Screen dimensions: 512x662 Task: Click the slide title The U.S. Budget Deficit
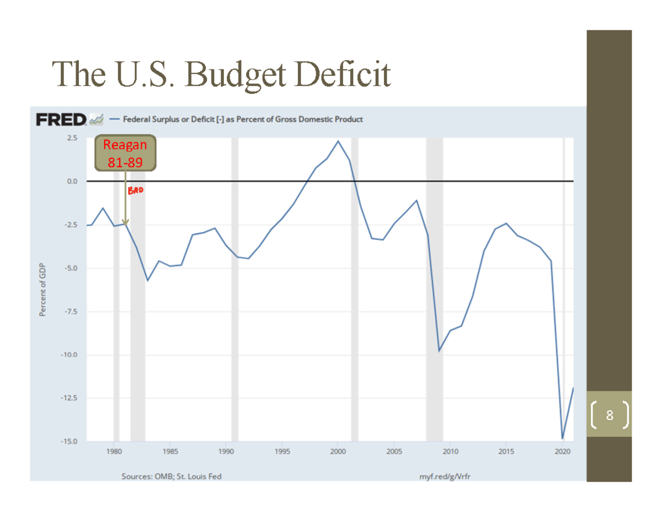(221, 74)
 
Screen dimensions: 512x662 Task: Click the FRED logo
(61, 119)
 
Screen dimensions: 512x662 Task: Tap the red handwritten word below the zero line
(135, 191)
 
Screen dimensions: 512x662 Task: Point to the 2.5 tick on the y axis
(72, 137)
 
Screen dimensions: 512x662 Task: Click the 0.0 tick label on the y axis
(72, 181)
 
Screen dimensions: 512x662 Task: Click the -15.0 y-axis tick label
(69, 441)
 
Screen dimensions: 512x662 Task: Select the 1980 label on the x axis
(114, 452)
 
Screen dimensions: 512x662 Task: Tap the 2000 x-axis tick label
(338, 452)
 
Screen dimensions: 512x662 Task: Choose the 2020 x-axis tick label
(562, 452)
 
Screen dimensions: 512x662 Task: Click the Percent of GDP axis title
(42, 289)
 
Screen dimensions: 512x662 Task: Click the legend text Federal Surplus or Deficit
(243, 119)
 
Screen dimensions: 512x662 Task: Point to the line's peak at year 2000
(338, 141)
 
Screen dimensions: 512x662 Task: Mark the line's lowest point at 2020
(562, 439)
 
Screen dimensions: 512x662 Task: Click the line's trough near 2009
(439, 351)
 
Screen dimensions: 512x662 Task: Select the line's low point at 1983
(147, 280)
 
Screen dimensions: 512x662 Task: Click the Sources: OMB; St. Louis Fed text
(172, 476)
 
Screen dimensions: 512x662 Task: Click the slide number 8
(609, 415)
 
